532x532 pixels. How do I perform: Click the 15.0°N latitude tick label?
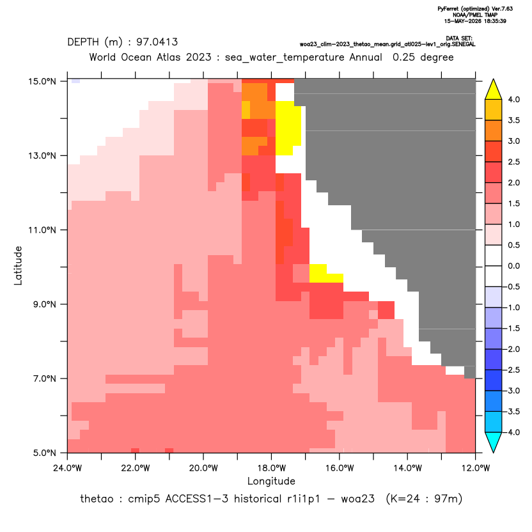(x=42, y=81)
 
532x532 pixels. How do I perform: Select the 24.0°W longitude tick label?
(x=68, y=468)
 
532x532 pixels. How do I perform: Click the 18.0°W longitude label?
(x=271, y=468)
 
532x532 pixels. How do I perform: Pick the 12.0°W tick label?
(x=475, y=468)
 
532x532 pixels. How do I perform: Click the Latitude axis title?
(x=18, y=265)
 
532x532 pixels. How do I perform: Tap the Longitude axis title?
(x=271, y=481)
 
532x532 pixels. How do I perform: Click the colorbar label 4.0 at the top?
(x=513, y=99)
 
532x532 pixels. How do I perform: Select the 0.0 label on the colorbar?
(x=513, y=266)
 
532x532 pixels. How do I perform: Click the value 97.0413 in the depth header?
(x=157, y=42)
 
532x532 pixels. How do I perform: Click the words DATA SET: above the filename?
(x=459, y=38)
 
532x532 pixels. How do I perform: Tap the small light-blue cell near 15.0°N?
(x=75, y=81)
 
